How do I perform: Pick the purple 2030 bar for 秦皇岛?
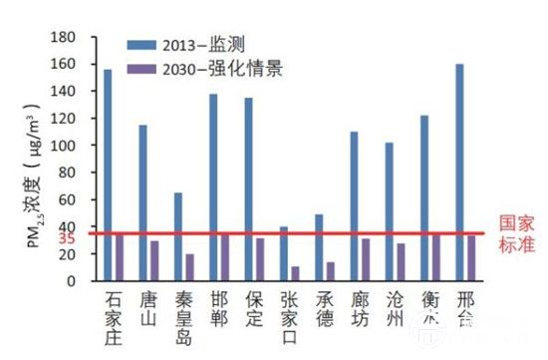189,267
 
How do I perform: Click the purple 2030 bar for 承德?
330,271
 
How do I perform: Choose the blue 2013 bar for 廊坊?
355,205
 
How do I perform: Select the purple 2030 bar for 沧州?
401,262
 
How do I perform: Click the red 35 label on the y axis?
68,239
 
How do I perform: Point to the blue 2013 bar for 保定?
248,188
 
